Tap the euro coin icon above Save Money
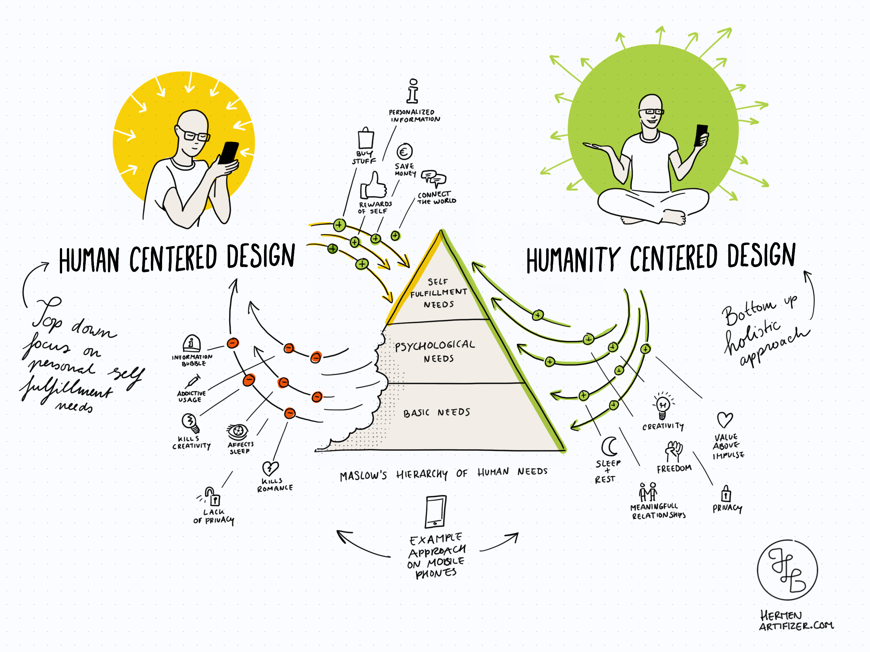(x=404, y=152)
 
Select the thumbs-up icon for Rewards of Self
(x=374, y=186)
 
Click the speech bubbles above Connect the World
(x=433, y=178)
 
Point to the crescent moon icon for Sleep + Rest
(x=609, y=446)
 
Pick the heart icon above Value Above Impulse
(x=725, y=420)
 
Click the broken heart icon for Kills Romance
(x=270, y=468)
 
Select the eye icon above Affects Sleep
(x=238, y=432)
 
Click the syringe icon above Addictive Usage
(x=192, y=381)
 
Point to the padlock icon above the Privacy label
(x=726, y=493)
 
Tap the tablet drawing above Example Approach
(x=436, y=511)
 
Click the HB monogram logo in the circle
(x=788, y=570)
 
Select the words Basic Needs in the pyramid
(x=437, y=413)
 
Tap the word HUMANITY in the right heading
(x=573, y=259)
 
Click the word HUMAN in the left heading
(x=89, y=260)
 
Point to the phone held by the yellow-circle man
(x=229, y=152)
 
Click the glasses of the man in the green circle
(x=651, y=112)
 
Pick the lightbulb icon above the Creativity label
(x=663, y=405)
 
